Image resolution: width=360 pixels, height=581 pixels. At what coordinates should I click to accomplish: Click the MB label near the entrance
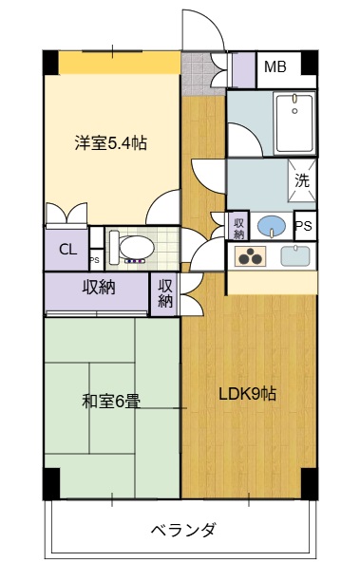click(275, 66)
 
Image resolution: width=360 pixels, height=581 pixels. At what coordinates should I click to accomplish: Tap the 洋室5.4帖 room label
click(111, 143)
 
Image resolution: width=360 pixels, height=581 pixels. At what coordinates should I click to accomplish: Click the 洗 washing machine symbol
click(301, 178)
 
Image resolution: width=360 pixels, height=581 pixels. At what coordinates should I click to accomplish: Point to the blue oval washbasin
click(273, 227)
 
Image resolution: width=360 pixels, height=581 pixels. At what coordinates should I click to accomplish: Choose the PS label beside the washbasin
click(304, 227)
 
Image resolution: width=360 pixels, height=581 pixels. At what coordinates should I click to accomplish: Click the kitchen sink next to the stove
click(295, 255)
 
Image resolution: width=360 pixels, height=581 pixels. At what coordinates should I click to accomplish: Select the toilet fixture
click(134, 247)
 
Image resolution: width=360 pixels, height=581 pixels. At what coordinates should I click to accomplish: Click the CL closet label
click(67, 250)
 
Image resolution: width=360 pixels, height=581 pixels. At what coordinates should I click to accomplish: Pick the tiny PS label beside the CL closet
click(94, 258)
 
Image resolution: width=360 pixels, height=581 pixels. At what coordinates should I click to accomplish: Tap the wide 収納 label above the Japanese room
click(98, 287)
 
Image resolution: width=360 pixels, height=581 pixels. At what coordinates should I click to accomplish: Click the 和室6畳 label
click(111, 401)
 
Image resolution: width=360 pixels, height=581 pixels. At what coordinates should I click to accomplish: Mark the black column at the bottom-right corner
click(309, 482)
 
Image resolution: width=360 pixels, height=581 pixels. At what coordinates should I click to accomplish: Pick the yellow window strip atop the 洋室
click(120, 63)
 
